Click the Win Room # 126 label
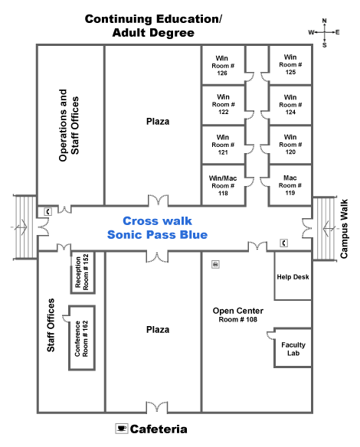tap(222, 64)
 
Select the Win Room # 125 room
tap(290, 64)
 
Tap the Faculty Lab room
tap(293, 349)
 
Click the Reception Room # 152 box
tap(86, 272)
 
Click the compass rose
tap(325, 32)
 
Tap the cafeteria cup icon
tap(120, 428)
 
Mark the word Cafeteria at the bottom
tap(159, 429)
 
